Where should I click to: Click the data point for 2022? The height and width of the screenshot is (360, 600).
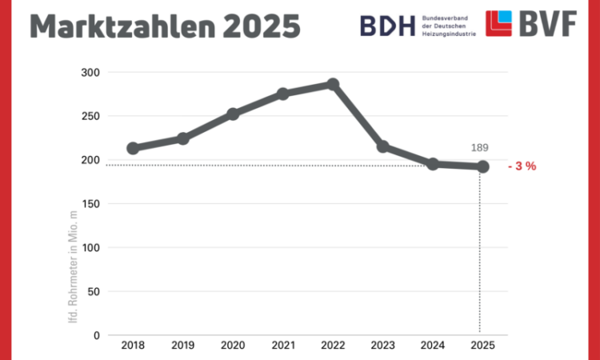click(x=333, y=85)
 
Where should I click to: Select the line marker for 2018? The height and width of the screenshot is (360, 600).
click(x=133, y=148)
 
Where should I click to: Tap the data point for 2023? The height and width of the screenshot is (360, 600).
click(x=382, y=146)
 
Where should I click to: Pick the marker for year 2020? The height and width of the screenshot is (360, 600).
click(x=233, y=114)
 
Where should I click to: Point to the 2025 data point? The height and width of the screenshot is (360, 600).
click(x=482, y=166)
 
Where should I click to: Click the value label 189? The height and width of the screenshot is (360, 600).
click(x=478, y=148)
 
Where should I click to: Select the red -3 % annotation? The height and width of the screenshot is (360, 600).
click(x=522, y=166)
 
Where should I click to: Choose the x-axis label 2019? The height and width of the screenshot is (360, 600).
click(x=183, y=346)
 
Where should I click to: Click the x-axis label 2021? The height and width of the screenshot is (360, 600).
click(x=283, y=346)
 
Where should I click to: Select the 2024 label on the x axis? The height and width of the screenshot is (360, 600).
click(x=433, y=346)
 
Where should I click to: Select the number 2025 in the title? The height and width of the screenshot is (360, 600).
click(x=262, y=26)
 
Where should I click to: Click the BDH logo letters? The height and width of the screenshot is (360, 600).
click(x=383, y=25)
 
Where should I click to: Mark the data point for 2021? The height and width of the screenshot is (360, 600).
click(x=283, y=94)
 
